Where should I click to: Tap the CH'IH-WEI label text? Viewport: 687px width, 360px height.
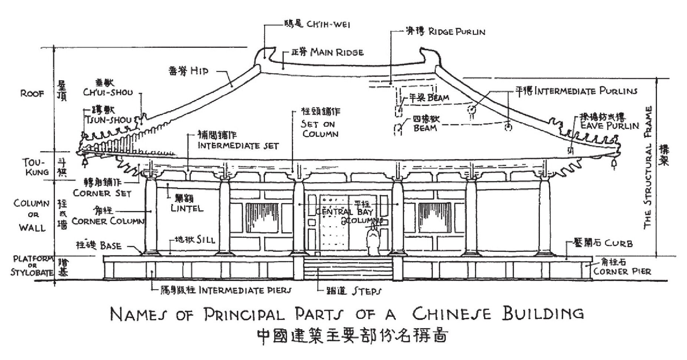(x=328, y=25)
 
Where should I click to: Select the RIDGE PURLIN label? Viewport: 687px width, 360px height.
(x=457, y=32)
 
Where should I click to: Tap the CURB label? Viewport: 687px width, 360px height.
(x=618, y=244)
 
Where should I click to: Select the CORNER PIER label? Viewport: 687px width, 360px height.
(x=622, y=271)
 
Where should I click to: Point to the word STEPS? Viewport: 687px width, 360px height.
(x=366, y=291)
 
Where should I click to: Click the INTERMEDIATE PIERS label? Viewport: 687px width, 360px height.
(x=245, y=290)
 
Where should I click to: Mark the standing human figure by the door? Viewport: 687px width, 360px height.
(x=372, y=241)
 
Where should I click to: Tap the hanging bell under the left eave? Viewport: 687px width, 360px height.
(x=85, y=162)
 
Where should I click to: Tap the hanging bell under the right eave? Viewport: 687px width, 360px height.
(x=613, y=162)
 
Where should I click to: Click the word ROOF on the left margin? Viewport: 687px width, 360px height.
(x=32, y=93)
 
